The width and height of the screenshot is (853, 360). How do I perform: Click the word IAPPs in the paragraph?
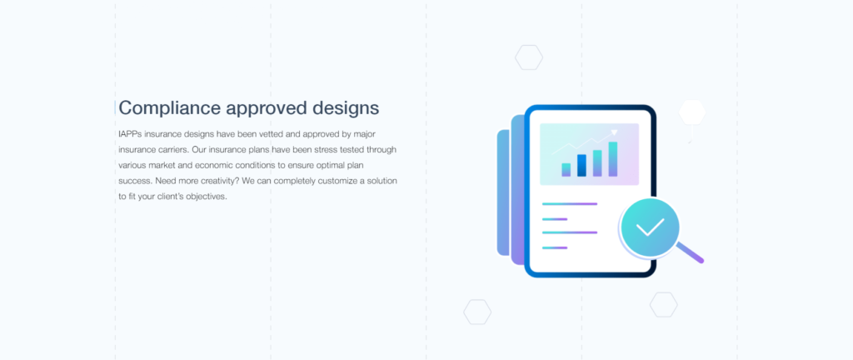point(130,134)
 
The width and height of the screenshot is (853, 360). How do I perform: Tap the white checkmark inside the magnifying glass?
point(650,226)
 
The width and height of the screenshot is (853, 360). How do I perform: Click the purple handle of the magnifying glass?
point(691,252)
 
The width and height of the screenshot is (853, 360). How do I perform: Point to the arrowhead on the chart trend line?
point(615,131)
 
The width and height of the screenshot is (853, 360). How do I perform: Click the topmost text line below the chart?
point(570,203)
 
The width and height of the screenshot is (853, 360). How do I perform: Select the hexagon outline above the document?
point(529,57)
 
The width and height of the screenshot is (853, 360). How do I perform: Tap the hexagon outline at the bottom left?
point(477,312)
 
